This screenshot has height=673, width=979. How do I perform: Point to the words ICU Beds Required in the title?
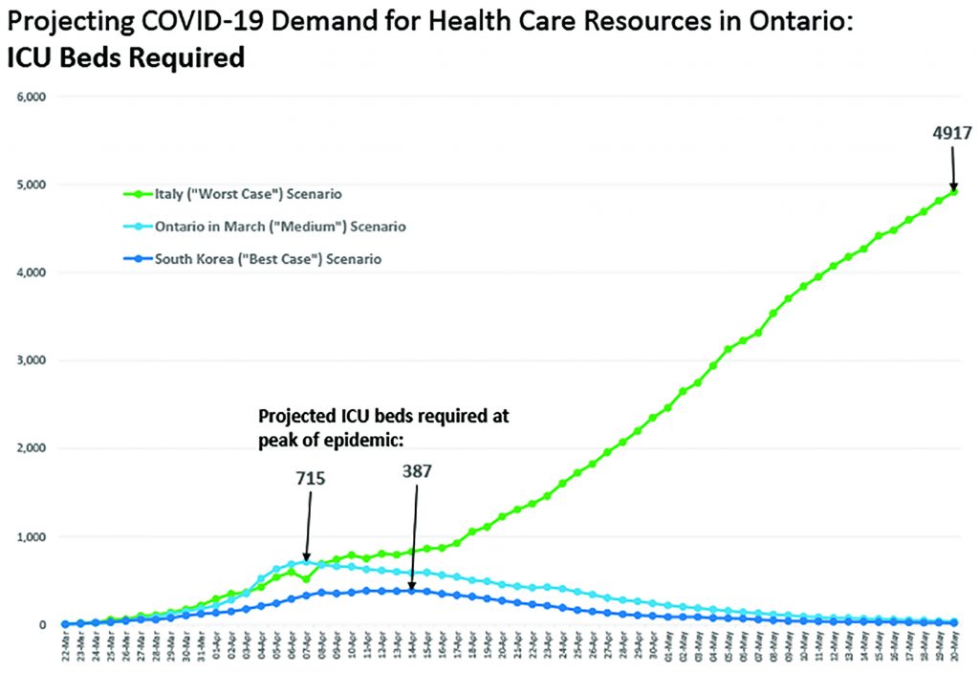click(x=123, y=57)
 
